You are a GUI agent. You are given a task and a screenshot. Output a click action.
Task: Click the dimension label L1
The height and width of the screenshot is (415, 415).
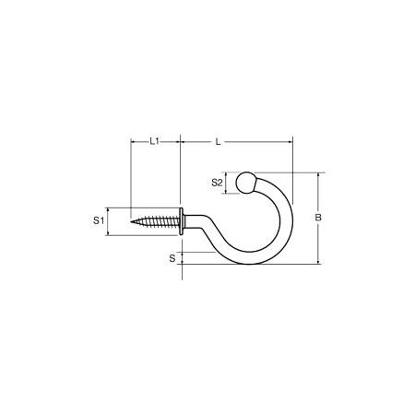(x=154, y=141)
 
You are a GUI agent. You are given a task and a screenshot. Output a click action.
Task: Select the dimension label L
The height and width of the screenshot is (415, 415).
(x=218, y=142)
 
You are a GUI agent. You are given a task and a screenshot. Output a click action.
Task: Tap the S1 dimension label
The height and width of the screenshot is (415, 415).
(x=99, y=220)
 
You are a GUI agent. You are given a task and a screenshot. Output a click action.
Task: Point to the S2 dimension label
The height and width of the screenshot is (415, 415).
(x=217, y=183)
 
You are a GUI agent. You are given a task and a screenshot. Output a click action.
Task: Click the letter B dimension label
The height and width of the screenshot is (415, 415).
(x=318, y=218)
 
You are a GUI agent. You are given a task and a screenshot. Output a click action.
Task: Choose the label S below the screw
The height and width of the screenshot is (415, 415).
(x=172, y=258)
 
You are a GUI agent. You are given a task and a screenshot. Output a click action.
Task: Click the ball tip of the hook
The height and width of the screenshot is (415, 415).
(x=245, y=183)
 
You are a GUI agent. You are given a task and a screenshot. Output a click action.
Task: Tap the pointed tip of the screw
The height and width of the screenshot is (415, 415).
(x=131, y=221)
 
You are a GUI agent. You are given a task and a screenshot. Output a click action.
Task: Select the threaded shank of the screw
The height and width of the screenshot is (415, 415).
(x=155, y=221)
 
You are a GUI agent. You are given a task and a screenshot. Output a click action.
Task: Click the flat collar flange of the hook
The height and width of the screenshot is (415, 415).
(x=182, y=221)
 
